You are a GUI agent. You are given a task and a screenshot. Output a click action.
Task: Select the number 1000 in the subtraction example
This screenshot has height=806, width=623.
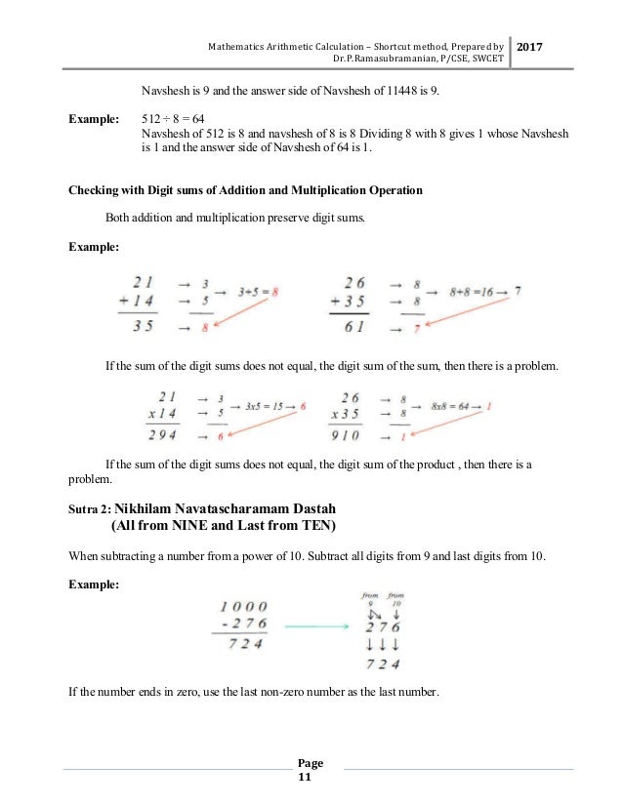[238, 607]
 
